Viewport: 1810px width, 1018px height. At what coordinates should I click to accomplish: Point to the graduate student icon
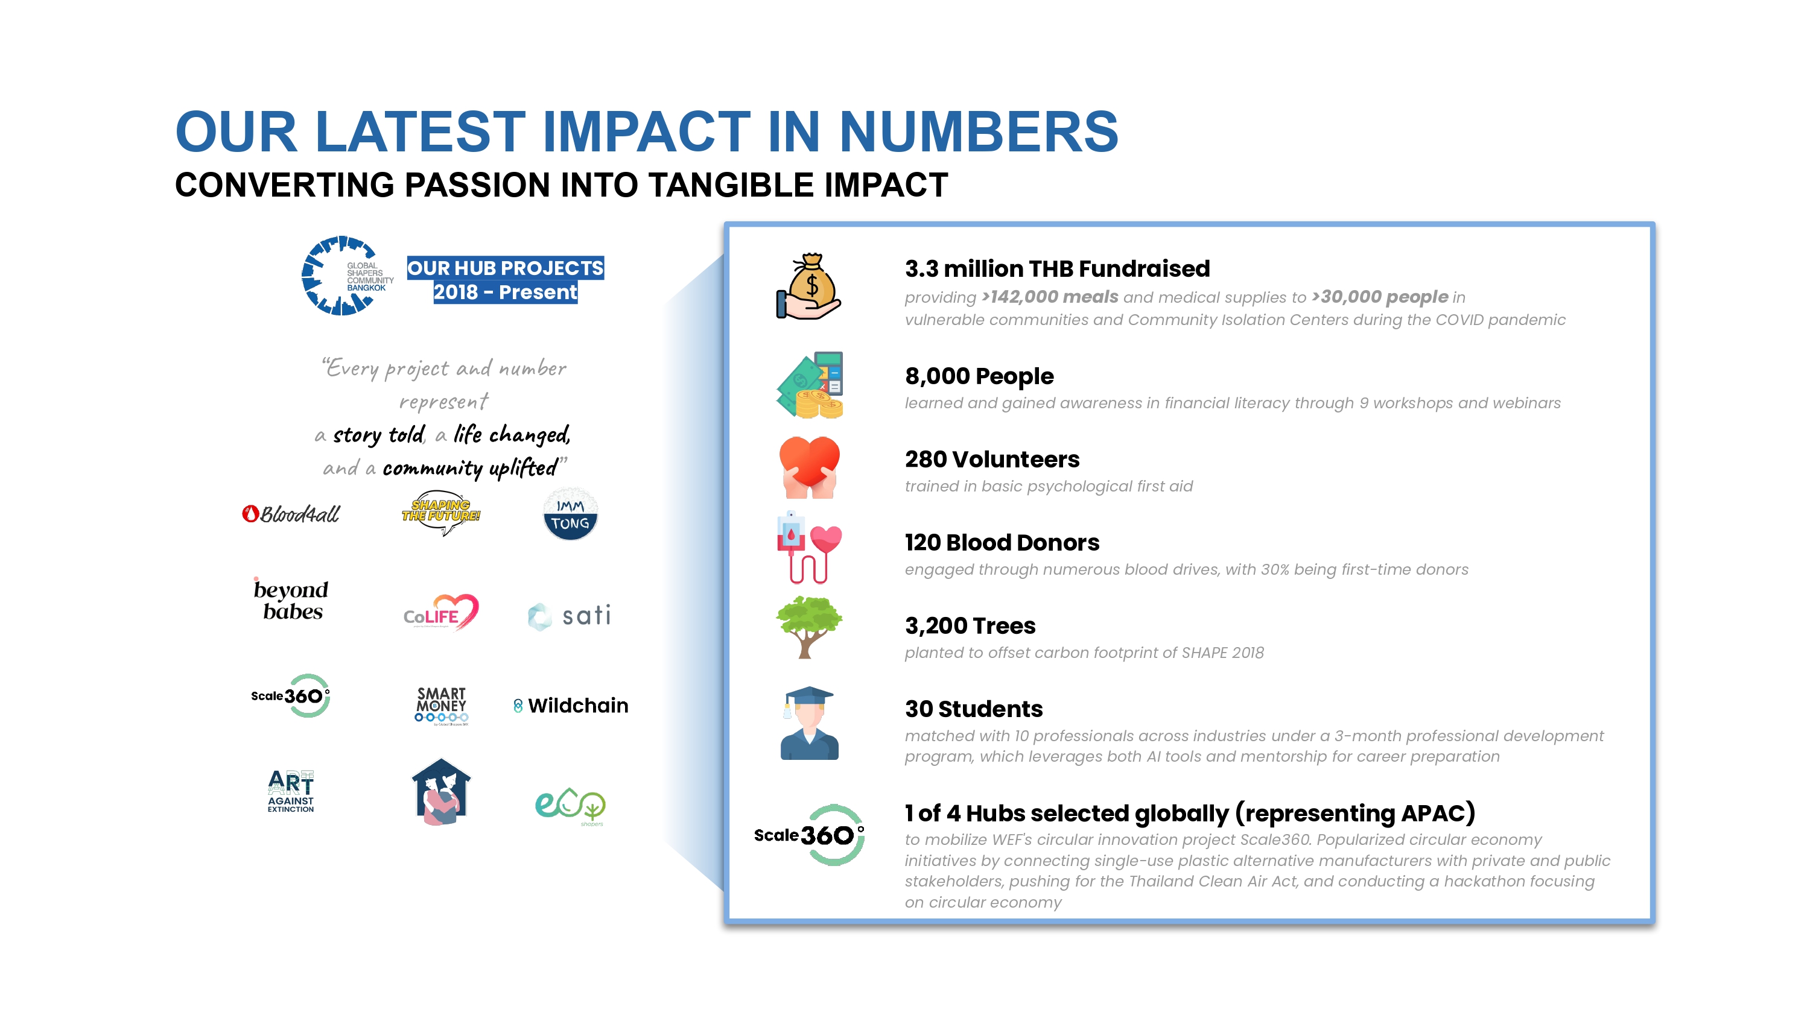pyautogui.click(x=810, y=723)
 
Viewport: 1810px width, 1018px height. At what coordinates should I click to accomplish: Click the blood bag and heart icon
pyautogui.click(x=808, y=547)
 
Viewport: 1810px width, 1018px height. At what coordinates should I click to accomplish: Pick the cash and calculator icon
pyautogui.click(x=810, y=385)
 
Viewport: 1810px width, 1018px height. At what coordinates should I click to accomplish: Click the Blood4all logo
pyautogui.click(x=290, y=514)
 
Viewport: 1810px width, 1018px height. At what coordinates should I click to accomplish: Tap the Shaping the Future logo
pyautogui.click(x=440, y=513)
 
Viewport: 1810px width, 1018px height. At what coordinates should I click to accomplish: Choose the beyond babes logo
pyautogui.click(x=291, y=599)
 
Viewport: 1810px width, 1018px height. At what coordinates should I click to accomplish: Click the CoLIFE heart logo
pyautogui.click(x=441, y=612)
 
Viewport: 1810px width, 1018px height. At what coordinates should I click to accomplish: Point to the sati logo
pyautogui.click(x=569, y=616)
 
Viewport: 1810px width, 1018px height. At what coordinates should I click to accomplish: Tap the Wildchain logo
pyautogui.click(x=571, y=706)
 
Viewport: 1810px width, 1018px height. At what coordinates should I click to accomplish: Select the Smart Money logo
pyautogui.click(x=441, y=706)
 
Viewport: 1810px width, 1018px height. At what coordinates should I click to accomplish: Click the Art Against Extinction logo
pyautogui.click(x=291, y=791)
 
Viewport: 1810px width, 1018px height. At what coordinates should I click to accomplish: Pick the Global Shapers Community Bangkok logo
pyautogui.click(x=347, y=276)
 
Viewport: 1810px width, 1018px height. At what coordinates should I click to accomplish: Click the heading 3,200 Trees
pyautogui.click(x=970, y=625)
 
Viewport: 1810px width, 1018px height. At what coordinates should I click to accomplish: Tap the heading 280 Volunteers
pyautogui.click(x=991, y=459)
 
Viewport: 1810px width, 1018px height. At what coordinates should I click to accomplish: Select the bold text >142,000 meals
pyautogui.click(x=1050, y=297)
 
